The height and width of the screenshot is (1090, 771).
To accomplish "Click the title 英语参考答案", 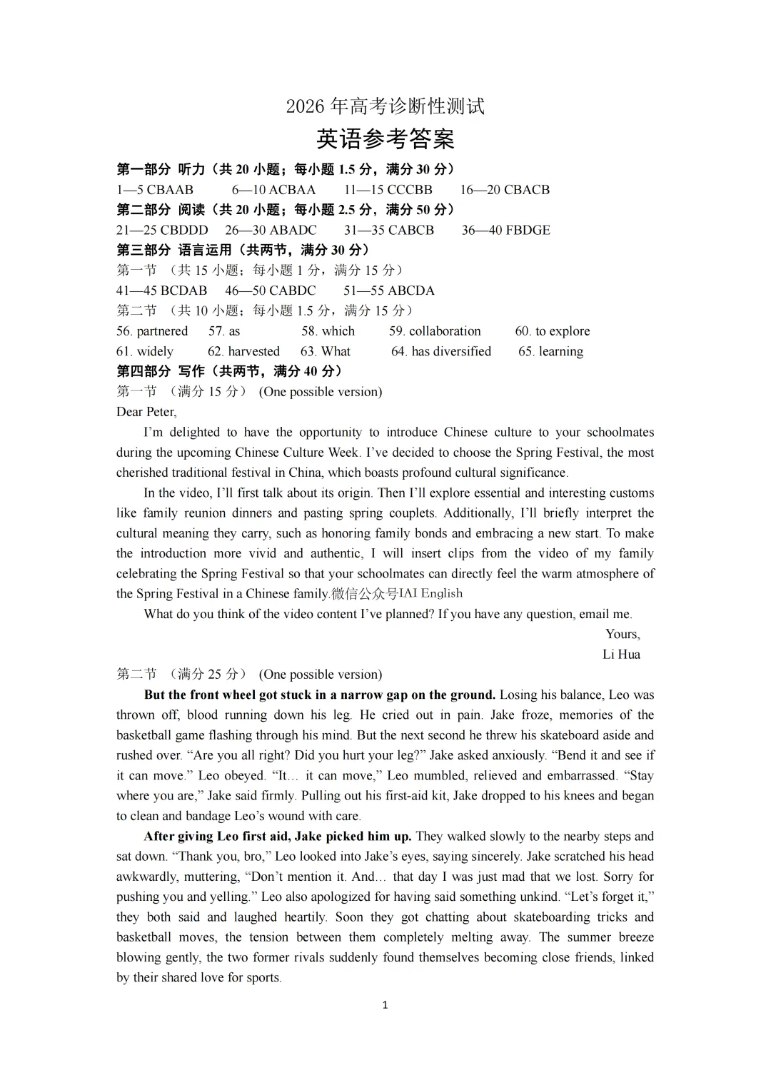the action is (x=385, y=139).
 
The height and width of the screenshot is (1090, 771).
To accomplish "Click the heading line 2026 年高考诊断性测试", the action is (x=385, y=106).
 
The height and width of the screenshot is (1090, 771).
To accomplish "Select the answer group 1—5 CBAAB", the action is (x=155, y=190).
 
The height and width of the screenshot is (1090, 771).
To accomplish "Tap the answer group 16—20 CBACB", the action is (x=505, y=190).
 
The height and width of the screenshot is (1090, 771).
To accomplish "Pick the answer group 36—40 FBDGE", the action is (x=505, y=230).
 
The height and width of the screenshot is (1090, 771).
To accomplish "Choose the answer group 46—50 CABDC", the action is (x=271, y=291).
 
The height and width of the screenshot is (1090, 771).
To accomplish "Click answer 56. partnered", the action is (x=152, y=331).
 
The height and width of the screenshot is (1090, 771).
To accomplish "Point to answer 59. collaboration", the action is (x=435, y=331).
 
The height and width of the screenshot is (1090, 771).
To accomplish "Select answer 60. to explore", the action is (x=553, y=331).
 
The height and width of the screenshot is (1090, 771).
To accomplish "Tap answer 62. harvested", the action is (x=243, y=351).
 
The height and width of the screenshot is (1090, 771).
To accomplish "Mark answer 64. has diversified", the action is (x=441, y=351).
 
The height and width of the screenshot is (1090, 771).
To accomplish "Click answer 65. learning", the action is (x=550, y=351).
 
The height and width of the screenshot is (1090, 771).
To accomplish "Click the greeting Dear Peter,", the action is (x=146, y=412).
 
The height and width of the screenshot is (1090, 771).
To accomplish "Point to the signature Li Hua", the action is (x=621, y=655).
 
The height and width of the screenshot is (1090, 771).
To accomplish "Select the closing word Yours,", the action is (x=623, y=634).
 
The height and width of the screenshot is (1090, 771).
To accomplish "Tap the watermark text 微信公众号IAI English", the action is (x=397, y=594).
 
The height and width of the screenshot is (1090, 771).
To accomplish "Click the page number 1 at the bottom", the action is (x=385, y=1005).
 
